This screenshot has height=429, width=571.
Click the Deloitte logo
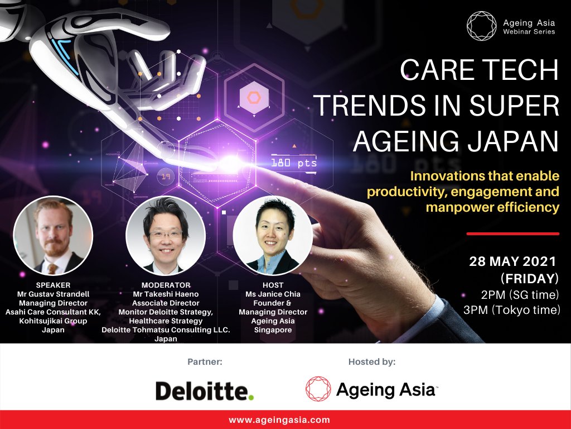[x=205, y=390]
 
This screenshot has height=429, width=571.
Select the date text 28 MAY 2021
[x=512, y=261]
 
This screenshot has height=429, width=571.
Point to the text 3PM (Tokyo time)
[x=511, y=310]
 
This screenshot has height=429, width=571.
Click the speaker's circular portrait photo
[x=53, y=236]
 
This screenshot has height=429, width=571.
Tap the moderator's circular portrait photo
[x=166, y=236]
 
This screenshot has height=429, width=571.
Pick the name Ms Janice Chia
[x=273, y=294]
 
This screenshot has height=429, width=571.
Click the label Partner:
[x=205, y=362]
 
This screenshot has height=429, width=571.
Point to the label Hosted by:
[x=372, y=362]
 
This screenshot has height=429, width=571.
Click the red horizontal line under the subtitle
[x=512, y=233]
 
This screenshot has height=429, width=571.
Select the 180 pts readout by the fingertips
[x=293, y=163]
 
